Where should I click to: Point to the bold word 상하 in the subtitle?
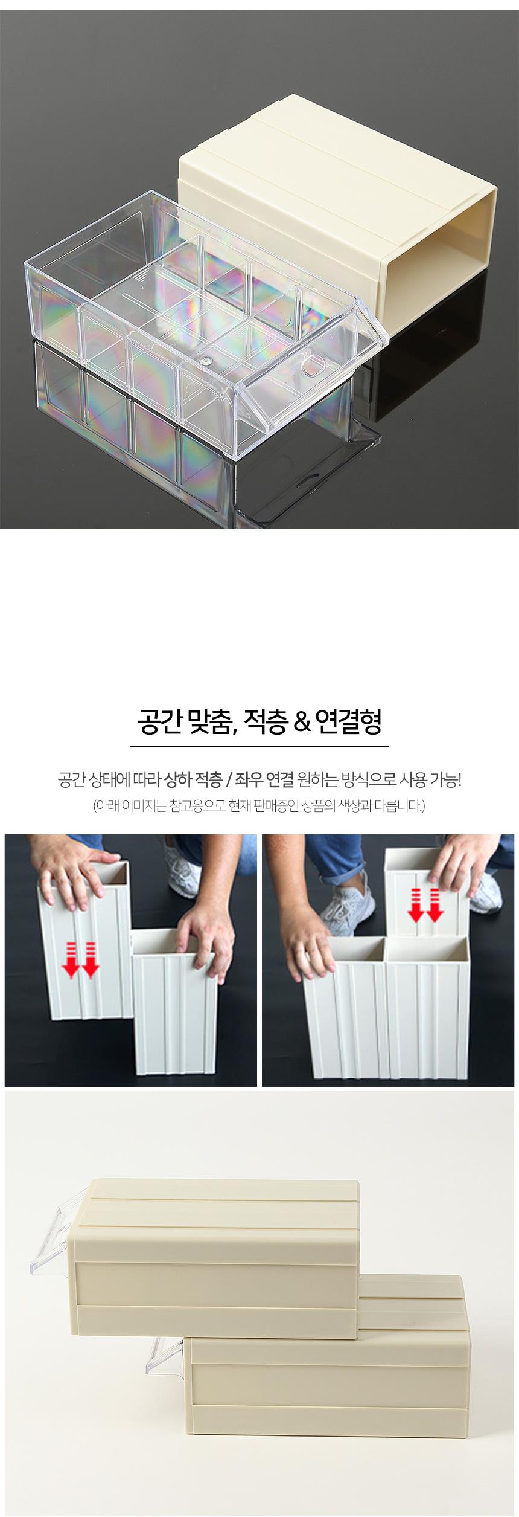(x=177, y=781)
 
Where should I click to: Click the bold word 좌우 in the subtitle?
(x=247, y=781)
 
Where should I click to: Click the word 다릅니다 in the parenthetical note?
(x=398, y=806)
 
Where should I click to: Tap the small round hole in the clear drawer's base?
(x=208, y=361)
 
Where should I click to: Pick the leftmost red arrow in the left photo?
(x=71, y=959)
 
